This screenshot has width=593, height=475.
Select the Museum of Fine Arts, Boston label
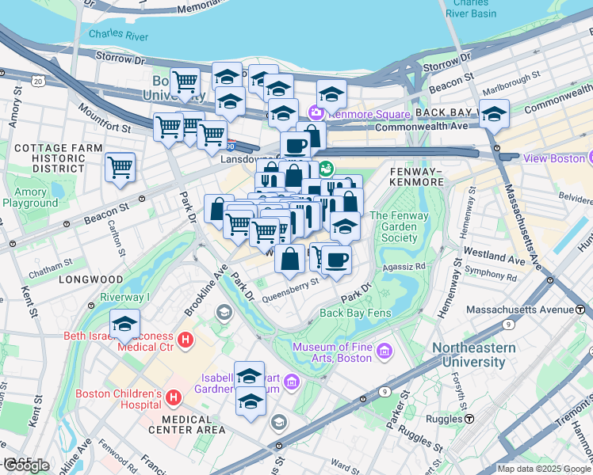tap(332, 352)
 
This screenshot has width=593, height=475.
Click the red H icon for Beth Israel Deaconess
tap(186, 341)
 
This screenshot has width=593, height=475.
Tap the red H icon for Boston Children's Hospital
tap(174, 396)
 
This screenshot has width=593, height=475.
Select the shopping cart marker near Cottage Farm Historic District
tap(120, 166)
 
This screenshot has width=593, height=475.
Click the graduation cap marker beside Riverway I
tap(125, 324)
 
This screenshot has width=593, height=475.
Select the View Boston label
tap(554, 158)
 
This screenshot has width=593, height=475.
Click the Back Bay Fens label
tap(356, 313)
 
